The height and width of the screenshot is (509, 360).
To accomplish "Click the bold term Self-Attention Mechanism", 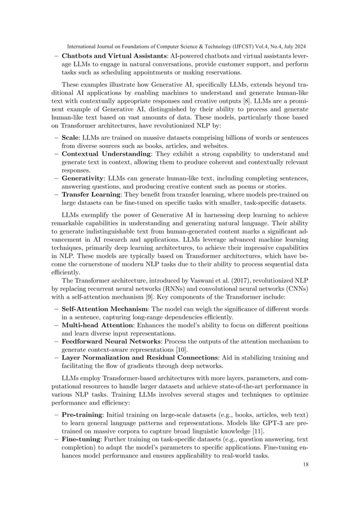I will click(107, 310).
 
